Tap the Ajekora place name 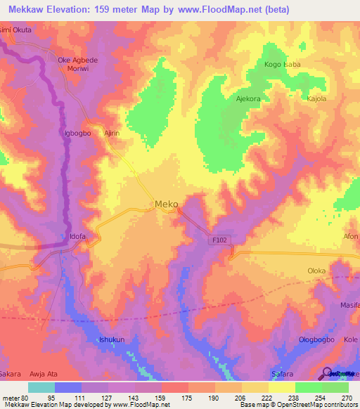[x=248, y=99]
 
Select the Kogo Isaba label [x=281, y=65]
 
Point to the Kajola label [x=317, y=99]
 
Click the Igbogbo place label [x=77, y=131]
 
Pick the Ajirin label [x=113, y=131]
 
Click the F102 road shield [x=221, y=240]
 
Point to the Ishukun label [x=112, y=339]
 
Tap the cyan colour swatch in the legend [x=41, y=387]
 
